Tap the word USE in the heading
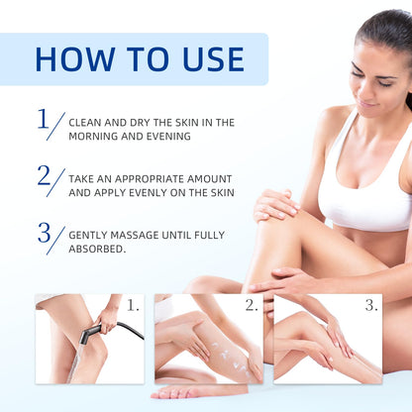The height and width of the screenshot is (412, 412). click(213, 59)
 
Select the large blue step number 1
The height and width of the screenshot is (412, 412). click(43, 119)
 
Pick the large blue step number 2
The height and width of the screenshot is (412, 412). click(44, 175)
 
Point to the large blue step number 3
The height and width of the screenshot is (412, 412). click(44, 233)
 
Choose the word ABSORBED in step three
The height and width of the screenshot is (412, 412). click(97, 249)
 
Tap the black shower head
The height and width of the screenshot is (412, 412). click(90, 334)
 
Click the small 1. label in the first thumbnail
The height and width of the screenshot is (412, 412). click(133, 306)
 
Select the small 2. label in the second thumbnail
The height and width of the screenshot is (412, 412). click(252, 306)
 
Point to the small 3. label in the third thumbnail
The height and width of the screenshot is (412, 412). click(371, 306)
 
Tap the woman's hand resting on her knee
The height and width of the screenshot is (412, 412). click(275, 205)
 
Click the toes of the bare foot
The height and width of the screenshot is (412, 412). click(171, 393)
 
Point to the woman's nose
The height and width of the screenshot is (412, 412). click(364, 90)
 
